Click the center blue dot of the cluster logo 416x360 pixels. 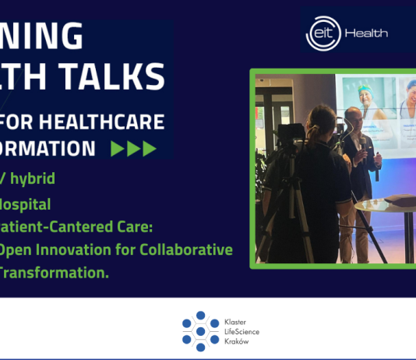tap(200, 331)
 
